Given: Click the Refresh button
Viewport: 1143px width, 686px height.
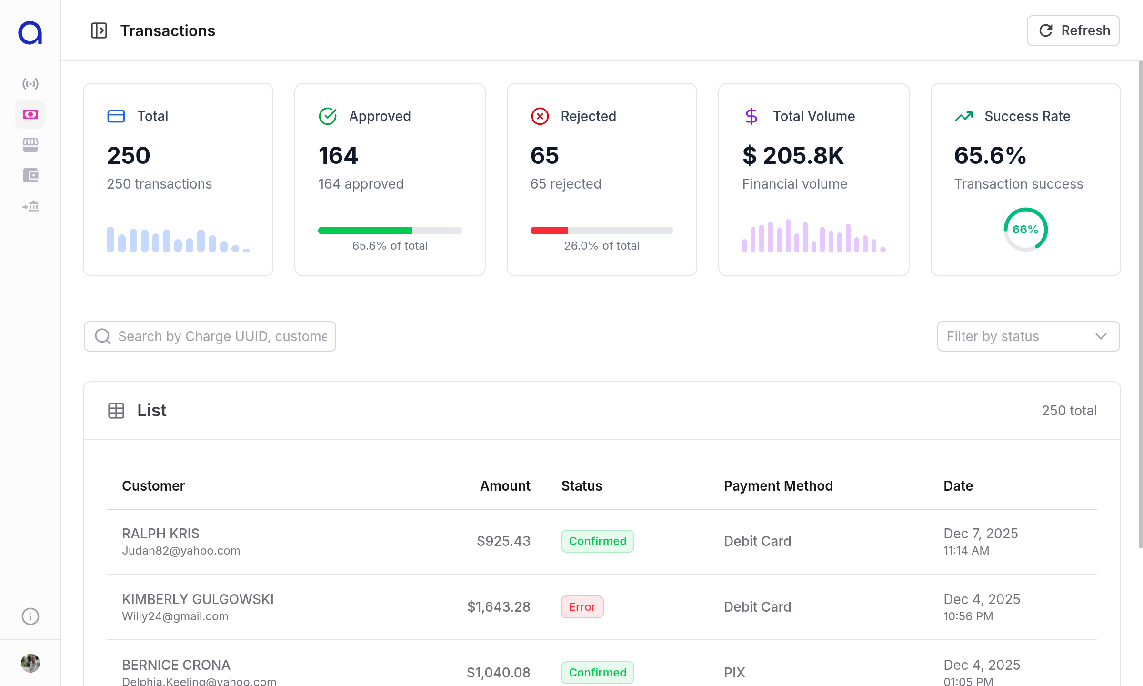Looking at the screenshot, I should point(1073,30).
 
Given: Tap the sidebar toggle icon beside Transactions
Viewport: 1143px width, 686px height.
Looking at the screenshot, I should point(99,30).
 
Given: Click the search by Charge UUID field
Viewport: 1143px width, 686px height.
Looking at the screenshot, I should point(210,336).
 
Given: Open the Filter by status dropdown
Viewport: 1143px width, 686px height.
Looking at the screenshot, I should point(1028,336).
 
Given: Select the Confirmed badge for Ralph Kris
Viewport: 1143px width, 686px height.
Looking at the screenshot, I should point(597,541).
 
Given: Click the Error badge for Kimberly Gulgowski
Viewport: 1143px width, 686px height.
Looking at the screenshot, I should point(582,607).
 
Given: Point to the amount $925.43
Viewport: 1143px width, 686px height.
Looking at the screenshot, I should point(503,541).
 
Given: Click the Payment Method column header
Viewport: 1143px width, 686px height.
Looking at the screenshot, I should point(778,486).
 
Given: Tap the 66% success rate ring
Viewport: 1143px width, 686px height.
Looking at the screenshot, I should point(1025,230).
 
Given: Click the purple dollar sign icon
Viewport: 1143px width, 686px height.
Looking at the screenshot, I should point(751,116).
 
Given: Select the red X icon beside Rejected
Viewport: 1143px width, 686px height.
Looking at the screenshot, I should point(540,116).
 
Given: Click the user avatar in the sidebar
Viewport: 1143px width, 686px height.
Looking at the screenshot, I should point(30,663).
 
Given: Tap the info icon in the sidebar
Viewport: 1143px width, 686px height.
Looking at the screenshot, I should point(30,616).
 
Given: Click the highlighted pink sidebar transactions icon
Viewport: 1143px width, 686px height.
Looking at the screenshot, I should point(30,114).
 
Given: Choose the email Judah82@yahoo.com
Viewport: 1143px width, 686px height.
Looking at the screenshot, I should point(181,551).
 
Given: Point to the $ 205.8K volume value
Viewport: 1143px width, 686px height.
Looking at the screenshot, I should point(793,156).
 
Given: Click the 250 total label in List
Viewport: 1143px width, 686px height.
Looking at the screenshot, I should point(1069,411).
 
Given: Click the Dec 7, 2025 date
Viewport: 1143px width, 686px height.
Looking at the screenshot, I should point(981,534).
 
